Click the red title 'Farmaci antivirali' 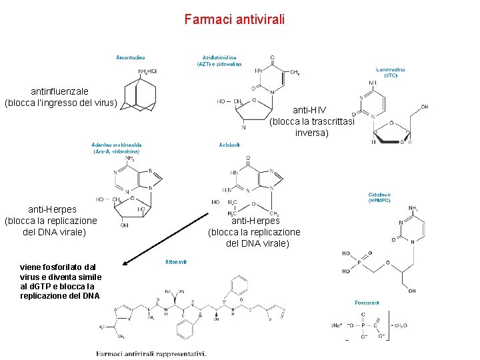(235, 19)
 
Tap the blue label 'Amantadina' (131, 57)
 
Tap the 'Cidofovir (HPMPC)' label (380, 197)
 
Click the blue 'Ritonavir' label (176, 262)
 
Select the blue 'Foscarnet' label (367, 302)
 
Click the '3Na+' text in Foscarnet (337, 325)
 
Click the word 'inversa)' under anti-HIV (311, 133)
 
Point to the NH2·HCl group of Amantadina (147, 71)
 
